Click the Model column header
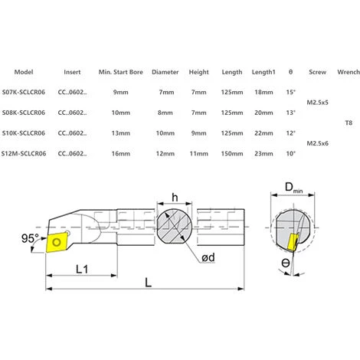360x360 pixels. [x=24, y=71]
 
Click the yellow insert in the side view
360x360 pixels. [x=57, y=242]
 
